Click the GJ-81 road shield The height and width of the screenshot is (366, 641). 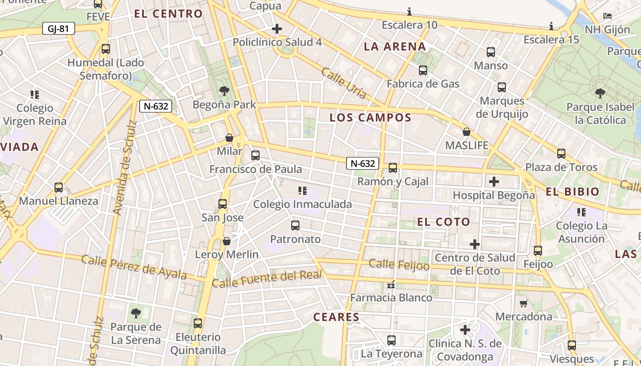[58, 29]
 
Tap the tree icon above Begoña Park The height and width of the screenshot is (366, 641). [224, 90]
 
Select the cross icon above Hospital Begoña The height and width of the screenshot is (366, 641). [494, 181]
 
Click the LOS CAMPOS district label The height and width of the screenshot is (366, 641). [370, 118]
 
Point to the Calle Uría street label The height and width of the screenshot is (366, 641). [343, 83]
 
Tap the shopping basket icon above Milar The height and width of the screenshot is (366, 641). [229, 137]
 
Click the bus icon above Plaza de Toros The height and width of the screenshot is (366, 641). [561, 153]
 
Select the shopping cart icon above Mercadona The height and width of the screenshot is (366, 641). [524, 303]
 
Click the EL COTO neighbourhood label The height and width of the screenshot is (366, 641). [443, 222]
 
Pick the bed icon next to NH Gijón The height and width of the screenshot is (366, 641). [608, 16]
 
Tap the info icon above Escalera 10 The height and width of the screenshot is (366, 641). [409, 11]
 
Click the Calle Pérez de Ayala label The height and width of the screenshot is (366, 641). [134, 267]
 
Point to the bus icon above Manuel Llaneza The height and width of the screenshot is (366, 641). [59, 187]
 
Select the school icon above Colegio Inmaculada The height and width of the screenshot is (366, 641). [302, 190]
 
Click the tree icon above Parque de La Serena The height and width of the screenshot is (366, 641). [136, 313]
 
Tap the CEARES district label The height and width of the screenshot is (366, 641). [336, 317]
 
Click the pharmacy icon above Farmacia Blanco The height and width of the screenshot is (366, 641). [391, 285]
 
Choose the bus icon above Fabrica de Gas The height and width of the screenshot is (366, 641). [423, 70]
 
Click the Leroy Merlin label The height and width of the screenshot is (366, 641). [227, 254]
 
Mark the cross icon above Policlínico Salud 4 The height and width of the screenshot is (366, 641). [277, 29]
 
